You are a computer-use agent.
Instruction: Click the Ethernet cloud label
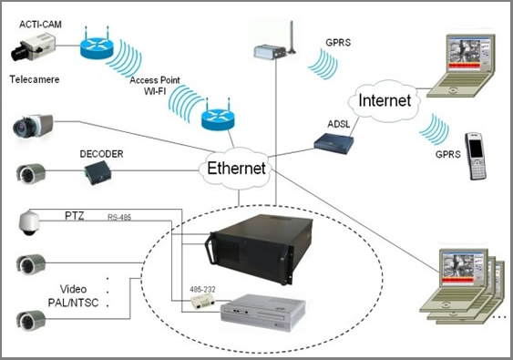[236, 169]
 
